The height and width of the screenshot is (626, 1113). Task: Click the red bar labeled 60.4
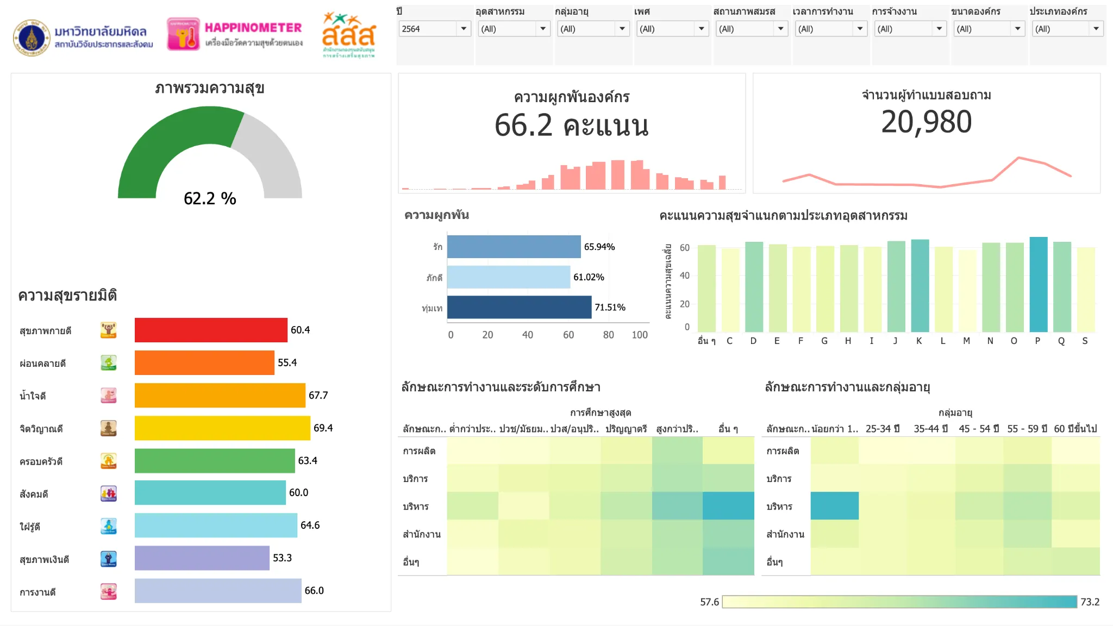[x=211, y=330]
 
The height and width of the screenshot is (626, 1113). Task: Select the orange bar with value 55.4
[x=204, y=362]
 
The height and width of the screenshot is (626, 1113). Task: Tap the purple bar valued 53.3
[x=202, y=558]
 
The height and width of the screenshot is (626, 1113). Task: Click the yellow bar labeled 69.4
[x=222, y=428]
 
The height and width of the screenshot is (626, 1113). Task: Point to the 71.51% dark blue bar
[x=519, y=307]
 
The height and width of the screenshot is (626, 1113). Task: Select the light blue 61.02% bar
[x=508, y=277]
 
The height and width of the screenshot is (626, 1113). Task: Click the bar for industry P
[x=1038, y=285]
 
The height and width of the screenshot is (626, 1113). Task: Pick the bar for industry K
[x=920, y=286]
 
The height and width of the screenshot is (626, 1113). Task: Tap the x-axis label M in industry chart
[x=966, y=341]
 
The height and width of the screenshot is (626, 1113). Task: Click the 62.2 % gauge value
[x=210, y=198]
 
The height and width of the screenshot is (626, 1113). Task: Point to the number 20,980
[x=926, y=122]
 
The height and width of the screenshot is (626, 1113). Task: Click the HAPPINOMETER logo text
[x=253, y=28]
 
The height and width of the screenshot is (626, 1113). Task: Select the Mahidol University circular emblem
[x=32, y=38]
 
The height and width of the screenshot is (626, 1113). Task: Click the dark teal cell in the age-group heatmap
[x=834, y=506]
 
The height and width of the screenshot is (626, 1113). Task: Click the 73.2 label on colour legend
[x=1090, y=602]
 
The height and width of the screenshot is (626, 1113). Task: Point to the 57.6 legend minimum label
[x=709, y=602]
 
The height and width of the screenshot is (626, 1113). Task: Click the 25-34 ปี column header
[x=882, y=429]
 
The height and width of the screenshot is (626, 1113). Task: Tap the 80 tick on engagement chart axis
[x=608, y=335]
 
